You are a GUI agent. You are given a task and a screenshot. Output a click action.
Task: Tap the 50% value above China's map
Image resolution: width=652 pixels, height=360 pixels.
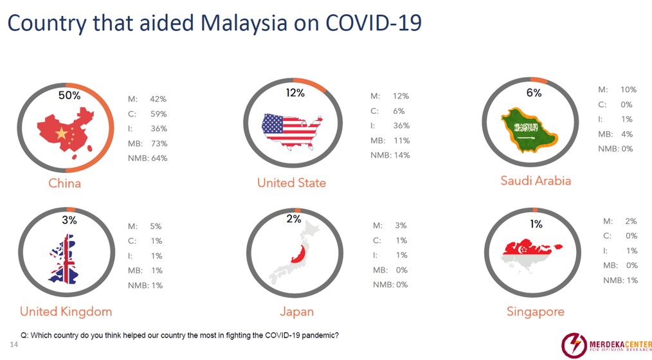(69, 95)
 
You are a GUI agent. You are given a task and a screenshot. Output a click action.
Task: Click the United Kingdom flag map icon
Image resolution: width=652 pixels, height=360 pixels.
(64, 259)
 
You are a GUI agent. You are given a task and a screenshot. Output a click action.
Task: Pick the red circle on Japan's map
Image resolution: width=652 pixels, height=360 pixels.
(298, 254)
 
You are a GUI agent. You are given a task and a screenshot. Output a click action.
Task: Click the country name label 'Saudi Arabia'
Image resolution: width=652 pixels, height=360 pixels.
(536, 181)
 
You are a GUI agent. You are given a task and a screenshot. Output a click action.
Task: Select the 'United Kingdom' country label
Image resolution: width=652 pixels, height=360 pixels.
(66, 311)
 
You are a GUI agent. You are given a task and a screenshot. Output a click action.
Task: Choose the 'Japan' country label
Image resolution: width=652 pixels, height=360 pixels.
(297, 312)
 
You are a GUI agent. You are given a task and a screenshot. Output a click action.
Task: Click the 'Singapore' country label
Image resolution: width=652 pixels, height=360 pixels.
(536, 312)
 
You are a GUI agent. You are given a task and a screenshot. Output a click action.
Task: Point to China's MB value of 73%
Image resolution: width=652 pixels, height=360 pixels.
(159, 143)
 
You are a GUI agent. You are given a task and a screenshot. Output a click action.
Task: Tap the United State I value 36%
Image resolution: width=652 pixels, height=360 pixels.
(401, 125)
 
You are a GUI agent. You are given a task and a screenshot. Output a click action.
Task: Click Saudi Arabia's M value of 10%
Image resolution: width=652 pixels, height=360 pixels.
(628, 89)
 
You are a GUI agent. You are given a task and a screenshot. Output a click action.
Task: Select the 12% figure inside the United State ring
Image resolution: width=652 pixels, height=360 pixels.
(294, 93)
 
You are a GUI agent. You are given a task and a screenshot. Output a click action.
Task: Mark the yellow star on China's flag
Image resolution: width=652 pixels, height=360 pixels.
(61, 133)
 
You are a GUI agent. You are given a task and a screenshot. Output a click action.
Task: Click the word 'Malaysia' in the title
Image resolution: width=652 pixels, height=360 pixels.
(244, 23)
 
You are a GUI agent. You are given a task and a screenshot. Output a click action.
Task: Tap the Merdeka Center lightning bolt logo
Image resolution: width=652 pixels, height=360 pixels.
(574, 345)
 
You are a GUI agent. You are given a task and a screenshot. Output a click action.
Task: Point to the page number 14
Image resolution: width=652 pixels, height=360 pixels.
(14, 345)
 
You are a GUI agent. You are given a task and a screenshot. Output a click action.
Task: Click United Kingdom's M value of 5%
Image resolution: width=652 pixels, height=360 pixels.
(156, 226)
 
